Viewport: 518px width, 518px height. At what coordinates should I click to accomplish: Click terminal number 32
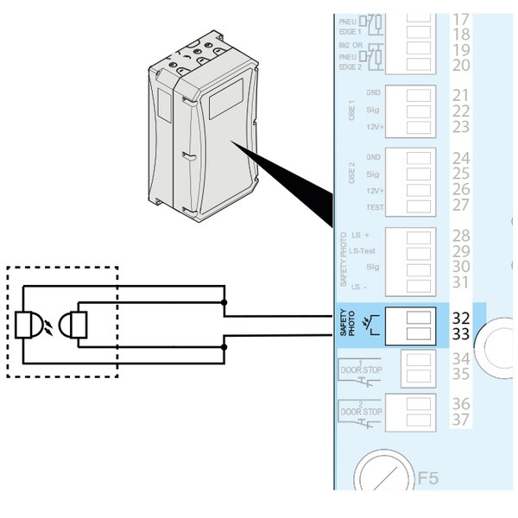[461, 317]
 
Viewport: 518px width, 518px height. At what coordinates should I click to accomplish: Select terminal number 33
[461, 332]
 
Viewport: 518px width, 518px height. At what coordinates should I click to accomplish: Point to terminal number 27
[461, 205]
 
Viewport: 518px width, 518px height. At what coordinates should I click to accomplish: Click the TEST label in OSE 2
[375, 206]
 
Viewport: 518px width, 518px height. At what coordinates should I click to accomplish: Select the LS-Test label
[368, 250]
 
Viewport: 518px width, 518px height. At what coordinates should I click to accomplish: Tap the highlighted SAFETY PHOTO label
[347, 325]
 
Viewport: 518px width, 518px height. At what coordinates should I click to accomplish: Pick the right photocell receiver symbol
[77, 325]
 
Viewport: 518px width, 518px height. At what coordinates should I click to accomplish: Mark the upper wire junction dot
[224, 303]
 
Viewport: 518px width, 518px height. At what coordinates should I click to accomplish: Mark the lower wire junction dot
[224, 347]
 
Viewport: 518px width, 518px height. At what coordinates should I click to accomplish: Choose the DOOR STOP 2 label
[360, 412]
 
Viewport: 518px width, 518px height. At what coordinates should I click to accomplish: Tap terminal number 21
[461, 94]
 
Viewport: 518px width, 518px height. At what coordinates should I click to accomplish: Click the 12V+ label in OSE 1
[374, 126]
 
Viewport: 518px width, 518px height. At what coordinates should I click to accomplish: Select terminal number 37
[461, 420]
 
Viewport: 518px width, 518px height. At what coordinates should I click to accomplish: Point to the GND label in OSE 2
[374, 158]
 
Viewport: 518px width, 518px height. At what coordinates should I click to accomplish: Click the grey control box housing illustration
[203, 129]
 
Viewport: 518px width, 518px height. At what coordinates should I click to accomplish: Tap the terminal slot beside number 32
[418, 318]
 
